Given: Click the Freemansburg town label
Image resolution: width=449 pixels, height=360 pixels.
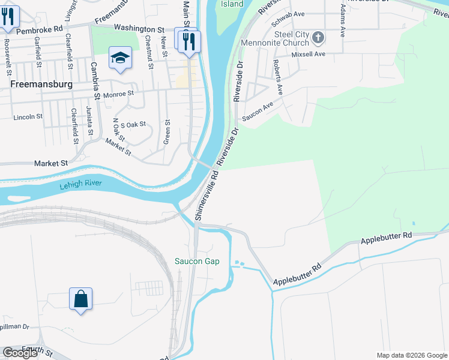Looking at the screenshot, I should (41, 85).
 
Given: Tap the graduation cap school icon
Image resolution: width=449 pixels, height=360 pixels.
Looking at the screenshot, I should (120, 58).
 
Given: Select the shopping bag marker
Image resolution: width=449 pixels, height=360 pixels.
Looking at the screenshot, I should (80, 298).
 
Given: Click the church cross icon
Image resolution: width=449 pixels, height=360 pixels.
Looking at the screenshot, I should (318, 38).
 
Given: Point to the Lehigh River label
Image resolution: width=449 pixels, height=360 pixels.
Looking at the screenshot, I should (81, 185).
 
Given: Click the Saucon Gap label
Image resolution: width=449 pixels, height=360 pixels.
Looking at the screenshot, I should (197, 261).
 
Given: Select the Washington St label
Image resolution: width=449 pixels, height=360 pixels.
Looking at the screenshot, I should (139, 28).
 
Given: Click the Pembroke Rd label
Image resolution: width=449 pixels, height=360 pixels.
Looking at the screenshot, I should (39, 29).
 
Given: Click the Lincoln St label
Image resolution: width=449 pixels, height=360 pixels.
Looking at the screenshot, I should (28, 117).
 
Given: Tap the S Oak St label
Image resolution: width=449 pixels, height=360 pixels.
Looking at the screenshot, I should (133, 124).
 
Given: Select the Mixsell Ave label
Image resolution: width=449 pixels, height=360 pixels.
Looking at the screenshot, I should (308, 54).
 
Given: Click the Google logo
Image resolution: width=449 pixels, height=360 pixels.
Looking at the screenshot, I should (20, 353).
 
